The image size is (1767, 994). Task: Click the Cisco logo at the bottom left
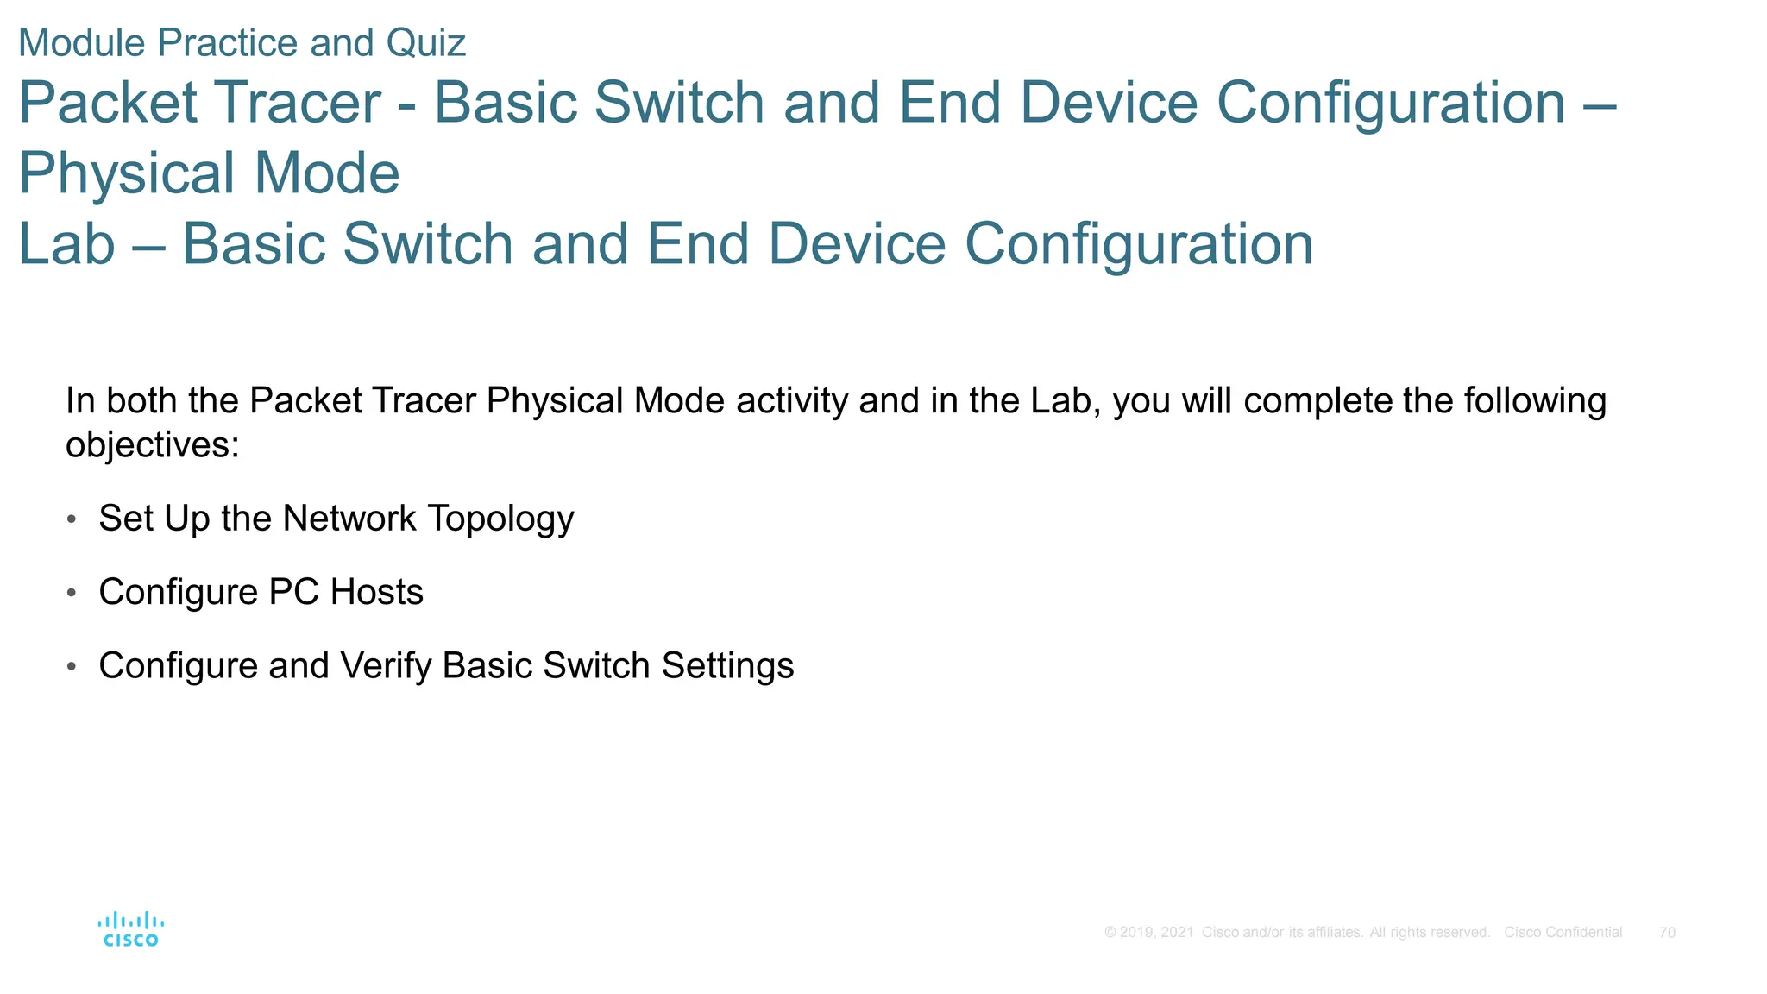click(130, 929)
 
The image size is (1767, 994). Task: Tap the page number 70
click(1667, 933)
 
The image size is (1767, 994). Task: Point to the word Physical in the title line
click(126, 173)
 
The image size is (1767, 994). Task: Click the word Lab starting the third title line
click(66, 244)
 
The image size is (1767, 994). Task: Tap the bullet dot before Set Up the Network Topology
click(72, 519)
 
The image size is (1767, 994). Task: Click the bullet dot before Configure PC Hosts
click(72, 593)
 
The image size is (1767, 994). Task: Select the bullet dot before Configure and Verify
click(72, 667)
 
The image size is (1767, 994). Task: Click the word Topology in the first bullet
click(500, 519)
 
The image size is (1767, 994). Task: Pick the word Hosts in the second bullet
click(376, 593)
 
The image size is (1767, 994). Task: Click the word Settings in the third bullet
click(726, 666)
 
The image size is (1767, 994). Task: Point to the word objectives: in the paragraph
click(152, 446)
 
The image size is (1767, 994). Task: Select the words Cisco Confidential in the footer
click(1563, 933)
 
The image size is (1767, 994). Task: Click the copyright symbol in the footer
click(1110, 933)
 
